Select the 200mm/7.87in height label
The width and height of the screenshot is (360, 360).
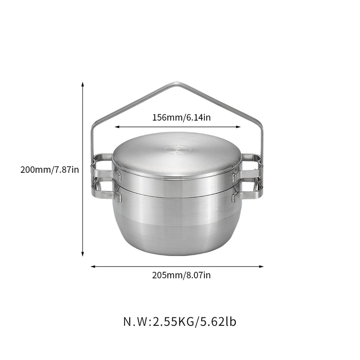coord(49,170)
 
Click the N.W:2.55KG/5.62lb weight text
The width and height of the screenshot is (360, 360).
coord(180,322)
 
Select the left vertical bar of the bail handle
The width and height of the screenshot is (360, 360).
coord(92,139)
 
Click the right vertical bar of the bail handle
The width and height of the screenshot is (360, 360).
coord(261,139)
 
